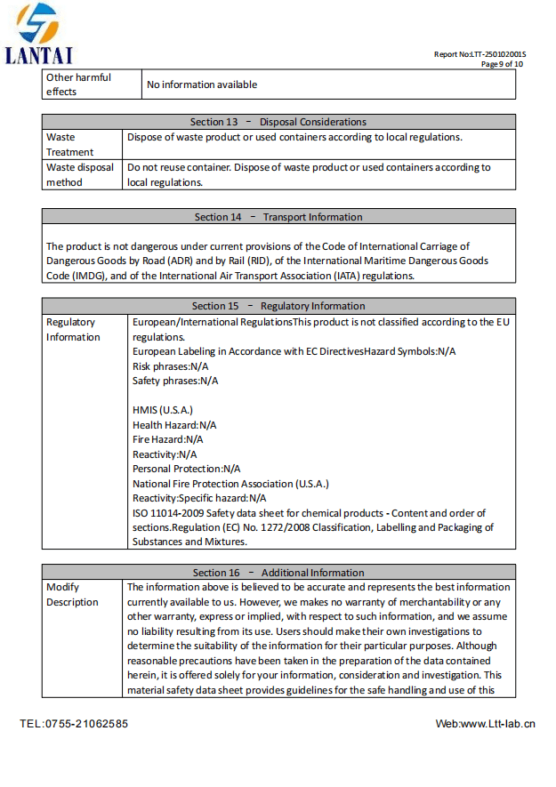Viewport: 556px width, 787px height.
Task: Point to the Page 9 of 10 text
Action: coord(502,64)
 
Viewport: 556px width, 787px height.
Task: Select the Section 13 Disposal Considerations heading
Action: coord(278,122)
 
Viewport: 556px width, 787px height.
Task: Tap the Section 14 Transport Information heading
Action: coord(278,217)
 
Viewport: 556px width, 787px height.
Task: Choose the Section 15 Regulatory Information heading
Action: coord(278,306)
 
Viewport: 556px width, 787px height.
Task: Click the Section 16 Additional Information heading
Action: coord(278,573)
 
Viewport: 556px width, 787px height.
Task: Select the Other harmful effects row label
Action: coord(78,84)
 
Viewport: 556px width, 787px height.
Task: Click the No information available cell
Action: coord(202,84)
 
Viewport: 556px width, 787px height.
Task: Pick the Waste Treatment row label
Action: coord(70,144)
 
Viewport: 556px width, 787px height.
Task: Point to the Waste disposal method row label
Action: coord(80,174)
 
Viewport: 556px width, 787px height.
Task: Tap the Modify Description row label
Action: coord(72,594)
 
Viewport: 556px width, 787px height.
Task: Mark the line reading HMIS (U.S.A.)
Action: coord(163,410)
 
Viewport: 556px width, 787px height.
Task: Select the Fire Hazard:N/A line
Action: coord(167,439)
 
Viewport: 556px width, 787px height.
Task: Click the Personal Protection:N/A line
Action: coord(186,469)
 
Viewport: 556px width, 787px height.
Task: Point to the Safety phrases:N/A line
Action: coord(175,381)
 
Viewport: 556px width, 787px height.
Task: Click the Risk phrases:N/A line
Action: coord(170,365)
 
